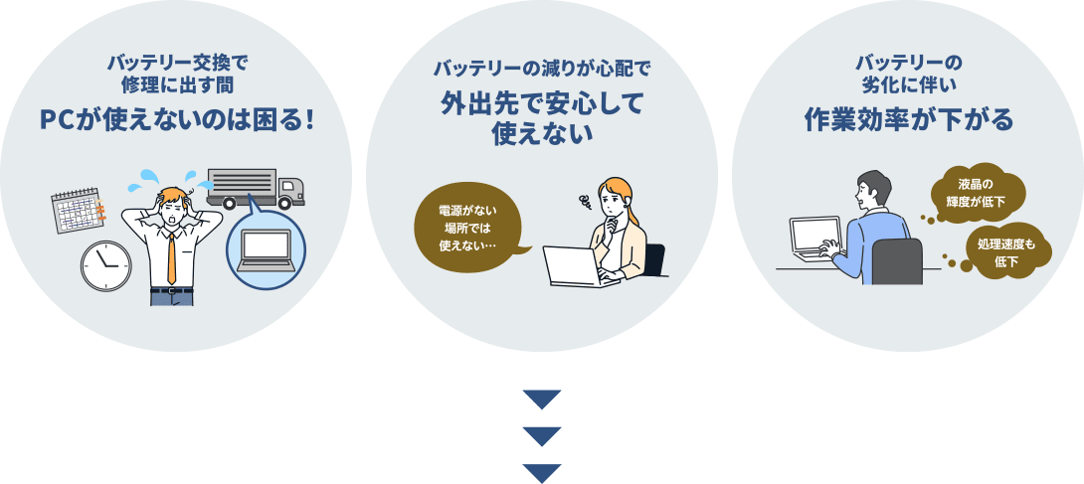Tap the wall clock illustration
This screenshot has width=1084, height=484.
[106, 265]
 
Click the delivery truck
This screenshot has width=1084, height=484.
[256, 189]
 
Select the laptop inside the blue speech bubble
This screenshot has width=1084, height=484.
[265, 250]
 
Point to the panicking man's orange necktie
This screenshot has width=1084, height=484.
[172, 256]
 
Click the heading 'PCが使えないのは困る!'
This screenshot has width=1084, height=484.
[177, 120]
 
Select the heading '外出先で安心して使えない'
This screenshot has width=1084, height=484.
[542, 118]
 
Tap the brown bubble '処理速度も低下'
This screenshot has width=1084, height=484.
[1005, 252]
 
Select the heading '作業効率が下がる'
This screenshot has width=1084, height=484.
[908, 120]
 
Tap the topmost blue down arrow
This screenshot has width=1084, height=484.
[542, 400]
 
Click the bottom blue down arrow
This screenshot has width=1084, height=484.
[542, 472]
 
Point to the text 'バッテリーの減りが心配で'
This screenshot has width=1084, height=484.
[542, 70]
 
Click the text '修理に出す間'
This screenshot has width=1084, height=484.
[177, 83]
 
